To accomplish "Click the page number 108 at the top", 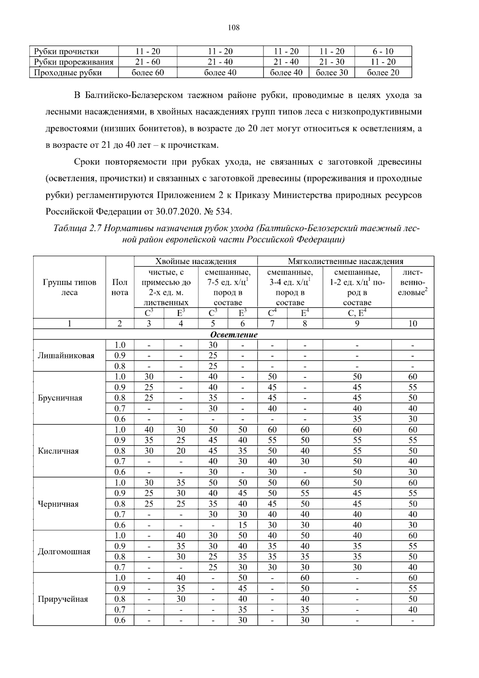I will pos(234,28).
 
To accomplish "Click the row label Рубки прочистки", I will pos(66,52).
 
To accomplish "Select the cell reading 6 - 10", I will pos(383,52).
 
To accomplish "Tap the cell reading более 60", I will pos(148,73).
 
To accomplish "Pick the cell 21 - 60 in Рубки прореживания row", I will pos(148,62).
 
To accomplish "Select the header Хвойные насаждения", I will pos(196,262).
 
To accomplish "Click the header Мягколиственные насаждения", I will pos(346,262).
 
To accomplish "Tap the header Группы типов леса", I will pos(69,287).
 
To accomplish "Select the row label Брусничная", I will pos(60,398).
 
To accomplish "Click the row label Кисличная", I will pos(58,451).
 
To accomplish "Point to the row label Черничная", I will pos(58,504).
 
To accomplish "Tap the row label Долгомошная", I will pos(64,552).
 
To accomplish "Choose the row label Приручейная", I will pos(63,599).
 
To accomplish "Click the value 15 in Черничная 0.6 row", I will pos(242,525).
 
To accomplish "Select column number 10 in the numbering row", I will pos(412,324).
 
